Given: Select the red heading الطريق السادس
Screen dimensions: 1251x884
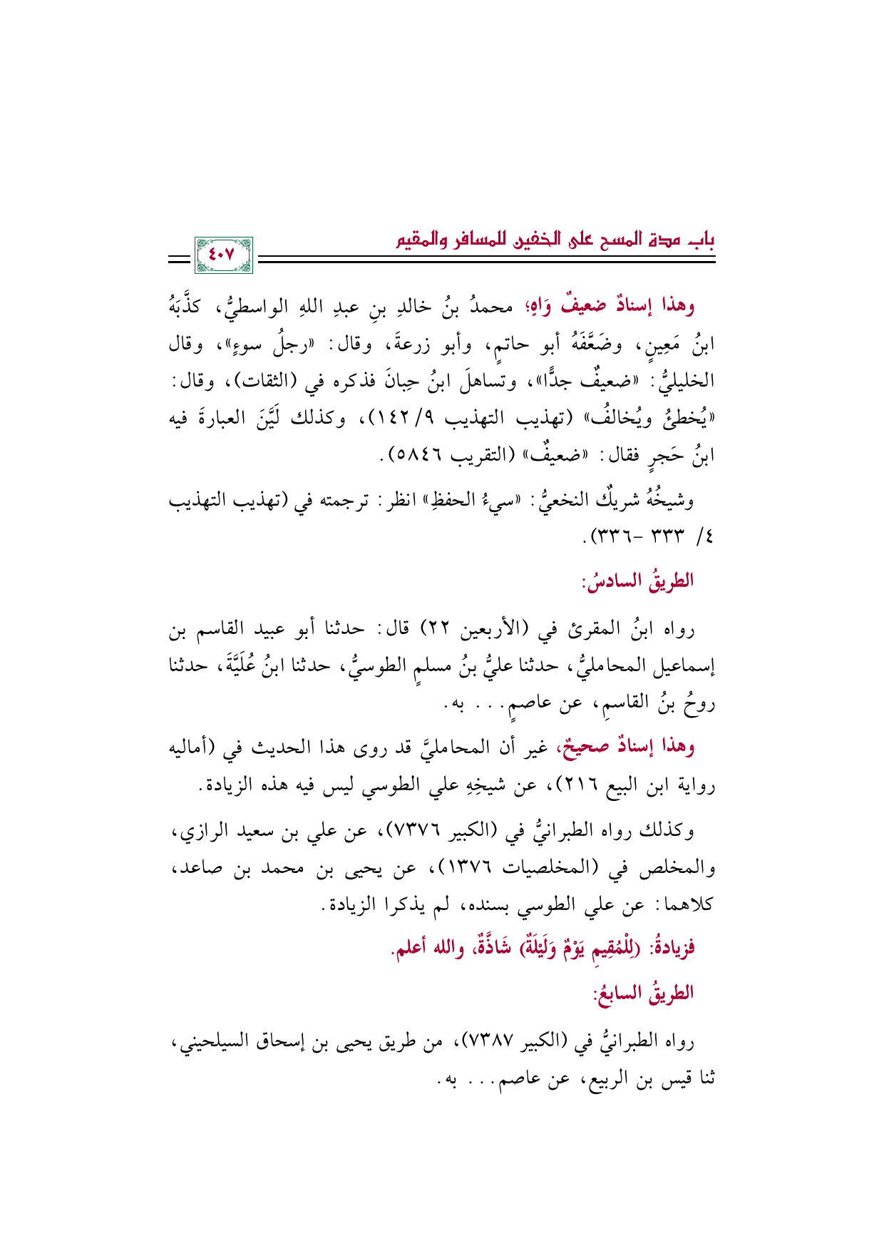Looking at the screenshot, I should coord(637,581).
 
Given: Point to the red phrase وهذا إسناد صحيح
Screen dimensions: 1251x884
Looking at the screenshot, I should coord(622,747).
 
